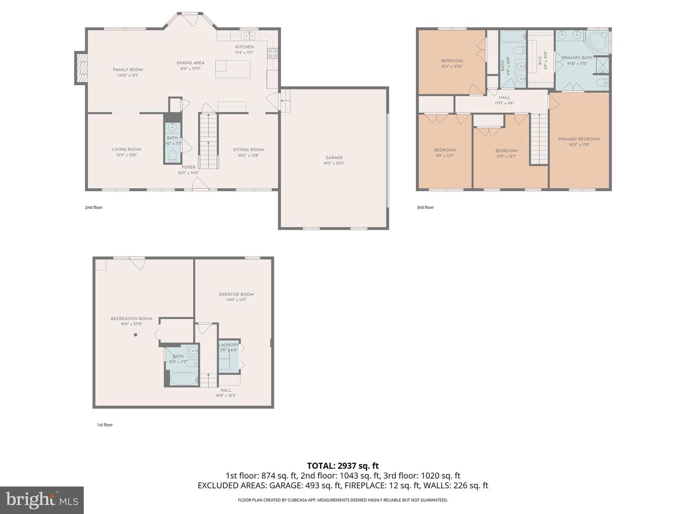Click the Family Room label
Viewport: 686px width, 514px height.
pos(128,70)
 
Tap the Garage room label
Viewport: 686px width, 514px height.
pos(334,158)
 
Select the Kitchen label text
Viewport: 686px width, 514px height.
pos(244,47)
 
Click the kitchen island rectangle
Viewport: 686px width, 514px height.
pos(232,69)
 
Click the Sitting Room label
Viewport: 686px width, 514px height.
pos(248,150)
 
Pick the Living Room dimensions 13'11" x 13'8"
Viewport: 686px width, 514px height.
pos(127,155)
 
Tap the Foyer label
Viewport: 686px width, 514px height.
pos(188,168)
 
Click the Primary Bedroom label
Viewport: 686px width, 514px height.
pos(579,139)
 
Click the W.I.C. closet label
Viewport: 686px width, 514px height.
pos(540,61)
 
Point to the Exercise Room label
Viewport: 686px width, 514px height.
pos(236,295)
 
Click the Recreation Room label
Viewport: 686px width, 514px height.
pos(131,319)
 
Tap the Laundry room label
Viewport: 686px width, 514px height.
pos(229,345)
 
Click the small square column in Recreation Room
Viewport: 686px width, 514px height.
pos(135,335)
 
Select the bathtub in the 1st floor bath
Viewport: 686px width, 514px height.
pos(182,380)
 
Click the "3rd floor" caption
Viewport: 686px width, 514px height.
pos(425,208)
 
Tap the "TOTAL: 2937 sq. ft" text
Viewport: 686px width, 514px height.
pos(343,466)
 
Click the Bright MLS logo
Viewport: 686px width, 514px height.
pos(42,500)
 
